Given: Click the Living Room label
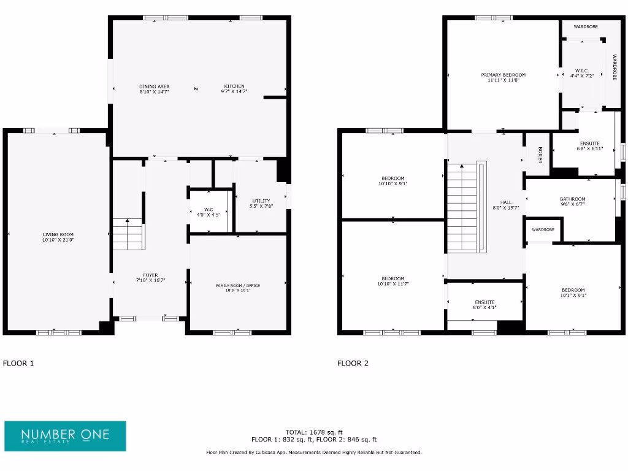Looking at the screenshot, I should [58, 234].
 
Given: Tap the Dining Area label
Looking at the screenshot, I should [154, 86].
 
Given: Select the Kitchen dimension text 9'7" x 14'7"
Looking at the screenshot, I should [234, 91].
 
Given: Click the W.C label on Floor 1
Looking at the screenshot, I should [209, 210].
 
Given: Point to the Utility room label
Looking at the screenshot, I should [261, 201].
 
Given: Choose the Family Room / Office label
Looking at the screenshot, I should [238, 286].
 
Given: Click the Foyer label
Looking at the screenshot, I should [150, 275].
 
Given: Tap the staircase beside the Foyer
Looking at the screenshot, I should [128, 235].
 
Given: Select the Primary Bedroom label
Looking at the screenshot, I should [503, 75].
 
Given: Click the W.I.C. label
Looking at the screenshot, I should [581, 69].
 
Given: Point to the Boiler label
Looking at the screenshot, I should [540, 155].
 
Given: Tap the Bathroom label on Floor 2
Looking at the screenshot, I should [572, 199].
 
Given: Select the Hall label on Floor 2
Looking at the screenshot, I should [506, 202].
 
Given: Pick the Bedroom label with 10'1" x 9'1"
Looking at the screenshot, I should [573, 290].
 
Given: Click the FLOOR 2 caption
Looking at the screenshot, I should [353, 363].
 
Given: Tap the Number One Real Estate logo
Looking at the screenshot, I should [65, 436].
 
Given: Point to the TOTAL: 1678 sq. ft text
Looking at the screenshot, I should [314, 432].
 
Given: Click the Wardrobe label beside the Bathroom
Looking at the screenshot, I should [543, 229].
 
